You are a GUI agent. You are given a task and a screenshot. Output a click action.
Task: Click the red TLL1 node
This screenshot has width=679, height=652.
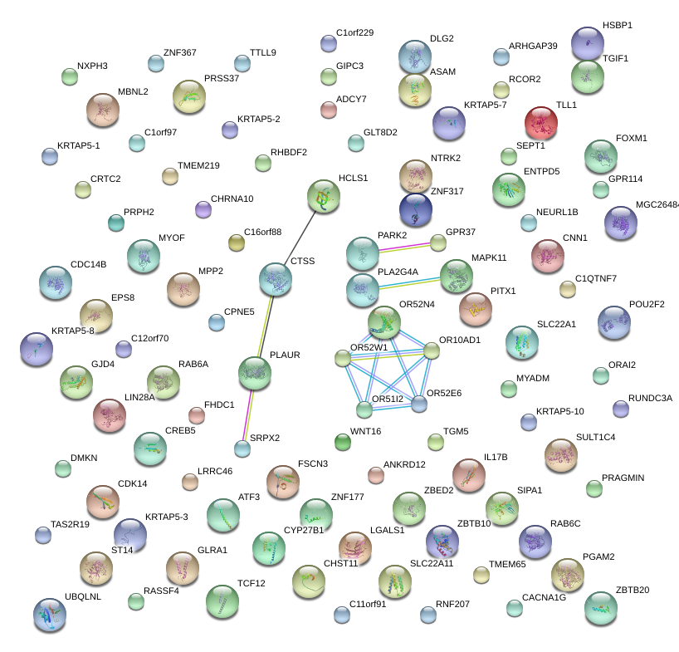click(541, 123)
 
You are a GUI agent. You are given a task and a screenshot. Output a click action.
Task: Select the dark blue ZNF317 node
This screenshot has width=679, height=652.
click(416, 209)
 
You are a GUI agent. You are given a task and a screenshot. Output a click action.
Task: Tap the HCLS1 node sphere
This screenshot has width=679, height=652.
click(324, 196)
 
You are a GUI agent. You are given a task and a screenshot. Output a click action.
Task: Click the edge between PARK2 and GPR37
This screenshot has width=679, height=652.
click(405, 248)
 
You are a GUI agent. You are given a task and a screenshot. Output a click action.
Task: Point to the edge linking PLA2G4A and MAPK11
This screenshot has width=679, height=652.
click(410, 283)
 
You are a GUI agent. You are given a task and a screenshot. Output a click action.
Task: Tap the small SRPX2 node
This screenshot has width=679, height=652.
click(242, 449)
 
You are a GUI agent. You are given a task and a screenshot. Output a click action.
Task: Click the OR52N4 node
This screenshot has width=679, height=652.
click(384, 322)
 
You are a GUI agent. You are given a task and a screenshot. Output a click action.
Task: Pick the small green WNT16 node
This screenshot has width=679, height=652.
click(343, 442)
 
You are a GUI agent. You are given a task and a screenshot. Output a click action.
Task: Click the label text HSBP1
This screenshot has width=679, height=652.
click(618, 26)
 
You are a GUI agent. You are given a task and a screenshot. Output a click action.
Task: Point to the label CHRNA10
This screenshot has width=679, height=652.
click(232, 199)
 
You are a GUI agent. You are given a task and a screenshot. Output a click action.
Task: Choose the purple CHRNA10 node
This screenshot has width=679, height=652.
click(203, 209)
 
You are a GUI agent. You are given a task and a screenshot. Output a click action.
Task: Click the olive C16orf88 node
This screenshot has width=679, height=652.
click(237, 243)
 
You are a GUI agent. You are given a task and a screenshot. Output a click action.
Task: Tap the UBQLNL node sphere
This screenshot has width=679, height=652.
click(50, 615)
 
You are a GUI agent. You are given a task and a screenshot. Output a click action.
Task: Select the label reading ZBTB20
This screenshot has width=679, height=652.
click(633, 590)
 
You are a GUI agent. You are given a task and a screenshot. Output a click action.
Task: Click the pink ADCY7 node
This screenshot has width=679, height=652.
click(329, 110)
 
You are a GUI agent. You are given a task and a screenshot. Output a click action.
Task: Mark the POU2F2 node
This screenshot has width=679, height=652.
click(614, 322)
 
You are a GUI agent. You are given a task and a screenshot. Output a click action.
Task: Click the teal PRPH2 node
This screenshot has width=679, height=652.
click(116, 223)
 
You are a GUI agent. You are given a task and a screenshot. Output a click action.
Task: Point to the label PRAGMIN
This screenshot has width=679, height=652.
click(623, 478)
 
